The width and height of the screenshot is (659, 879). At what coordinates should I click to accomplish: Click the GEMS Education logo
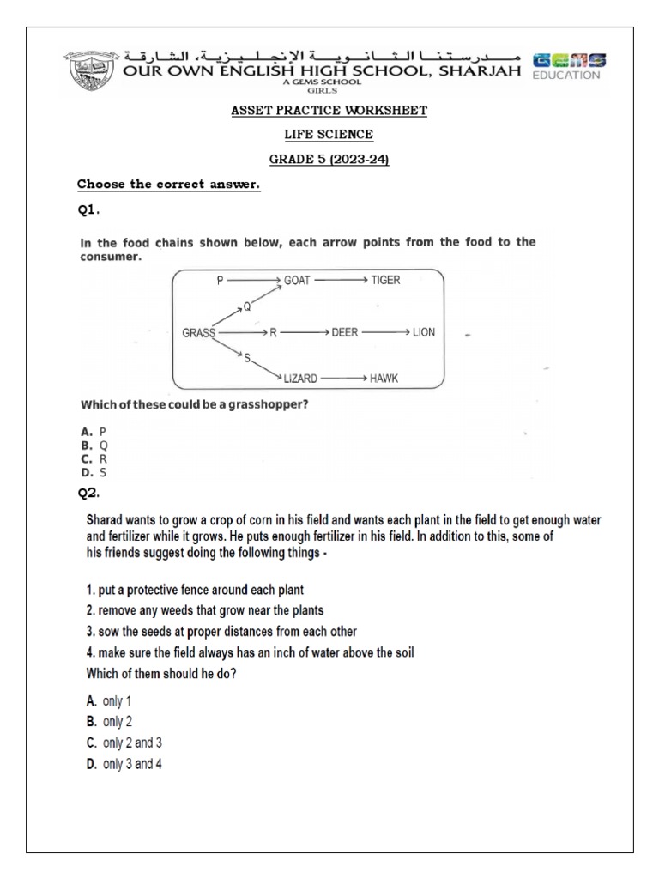coord(569,65)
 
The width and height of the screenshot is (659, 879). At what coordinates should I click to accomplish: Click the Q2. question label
coord(90,493)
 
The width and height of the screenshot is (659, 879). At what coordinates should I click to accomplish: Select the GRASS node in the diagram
coord(199,332)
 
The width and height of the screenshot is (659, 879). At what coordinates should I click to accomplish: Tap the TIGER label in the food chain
coord(386,280)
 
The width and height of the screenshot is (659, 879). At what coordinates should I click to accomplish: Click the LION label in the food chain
coord(424,332)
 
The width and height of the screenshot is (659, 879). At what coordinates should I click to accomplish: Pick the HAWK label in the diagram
coord(384,378)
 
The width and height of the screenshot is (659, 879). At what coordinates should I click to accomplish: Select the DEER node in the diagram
coord(346,332)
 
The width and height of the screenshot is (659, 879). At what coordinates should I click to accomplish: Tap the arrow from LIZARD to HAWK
coord(344,378)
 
